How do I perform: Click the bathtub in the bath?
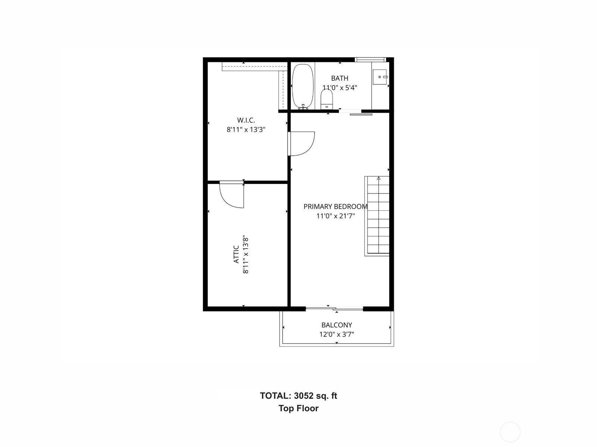tap(302, 86)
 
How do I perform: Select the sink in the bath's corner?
tap(381, 77)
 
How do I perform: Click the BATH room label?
tap(340, 78)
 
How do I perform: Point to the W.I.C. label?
tap(246, 120)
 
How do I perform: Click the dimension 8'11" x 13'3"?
tap(246, 130)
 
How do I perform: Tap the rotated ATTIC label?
tap(236, 254)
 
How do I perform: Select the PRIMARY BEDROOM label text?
tap(335, 206)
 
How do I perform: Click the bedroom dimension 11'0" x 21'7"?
tap(335, 216)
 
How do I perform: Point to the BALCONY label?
tap(337, 325)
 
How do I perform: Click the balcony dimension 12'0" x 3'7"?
tap(337, 334)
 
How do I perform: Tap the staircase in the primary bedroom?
tap(377, 216)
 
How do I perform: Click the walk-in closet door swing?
tap(301, 143)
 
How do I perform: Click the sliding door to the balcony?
tap(334, 308)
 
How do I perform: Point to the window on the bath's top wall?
tap(370, 59)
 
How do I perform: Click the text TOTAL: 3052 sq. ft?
tap(298, 396)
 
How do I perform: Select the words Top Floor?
tap(298, 408)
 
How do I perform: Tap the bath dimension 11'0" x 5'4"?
tap(340, 88)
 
